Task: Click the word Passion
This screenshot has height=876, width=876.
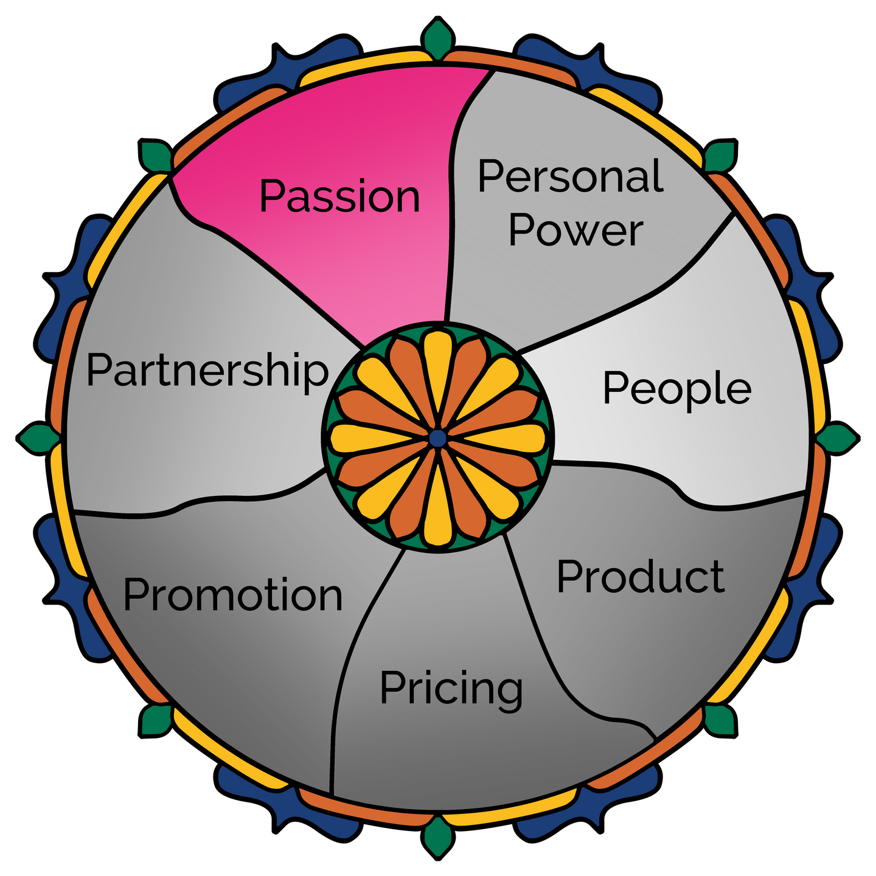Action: pos(339,196)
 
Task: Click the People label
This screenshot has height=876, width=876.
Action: pos(677,389)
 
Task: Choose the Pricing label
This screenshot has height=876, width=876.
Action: pos(451,690)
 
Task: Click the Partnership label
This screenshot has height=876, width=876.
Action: pos(207,372)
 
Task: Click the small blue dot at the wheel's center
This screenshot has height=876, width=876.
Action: pos(438,438)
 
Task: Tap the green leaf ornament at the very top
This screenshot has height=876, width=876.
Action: pos(438,38)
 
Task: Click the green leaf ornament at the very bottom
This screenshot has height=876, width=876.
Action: pos(438,838)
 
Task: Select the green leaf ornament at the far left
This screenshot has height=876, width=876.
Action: pos(38,438)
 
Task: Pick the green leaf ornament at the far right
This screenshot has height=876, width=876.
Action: pos(838,438)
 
